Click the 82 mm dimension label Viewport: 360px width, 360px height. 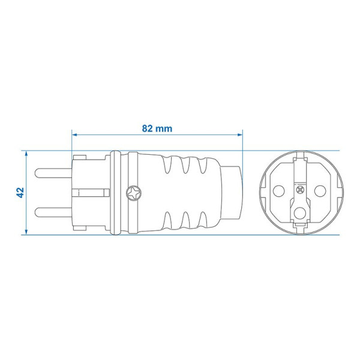[x=157, y=128]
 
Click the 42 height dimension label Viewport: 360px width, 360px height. [x=20, y=193]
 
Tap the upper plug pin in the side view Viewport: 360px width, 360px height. [x=53, y=173]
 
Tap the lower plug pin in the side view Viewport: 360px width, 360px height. [x=53, y=212]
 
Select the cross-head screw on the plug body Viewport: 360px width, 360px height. [x=134, y=193]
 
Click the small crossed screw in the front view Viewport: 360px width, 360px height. [x=301, y=190]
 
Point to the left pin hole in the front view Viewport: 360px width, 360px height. [x=279, y=191]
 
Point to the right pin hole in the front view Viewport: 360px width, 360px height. [x=320, y=191]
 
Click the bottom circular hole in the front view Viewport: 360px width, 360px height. [x=300, y=213]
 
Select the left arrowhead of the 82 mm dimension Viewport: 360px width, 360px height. [x=74, y=134]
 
